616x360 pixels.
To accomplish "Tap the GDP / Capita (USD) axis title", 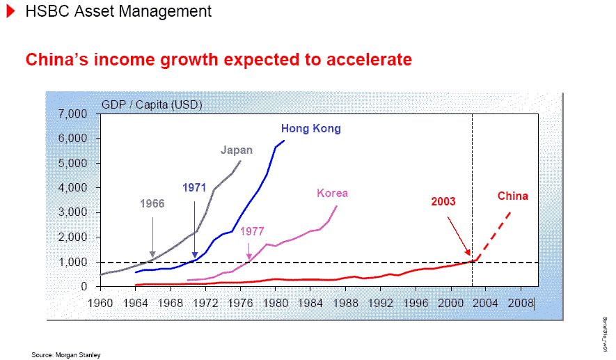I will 152,105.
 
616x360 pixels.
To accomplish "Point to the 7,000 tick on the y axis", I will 73,114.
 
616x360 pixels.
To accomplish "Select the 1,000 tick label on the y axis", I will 73,262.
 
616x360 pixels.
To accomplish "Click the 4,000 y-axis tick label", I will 73,188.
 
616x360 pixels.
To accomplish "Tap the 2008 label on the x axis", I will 521,304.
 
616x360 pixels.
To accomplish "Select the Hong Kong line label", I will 310,129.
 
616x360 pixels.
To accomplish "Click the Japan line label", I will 237,150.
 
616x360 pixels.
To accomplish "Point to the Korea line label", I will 332,194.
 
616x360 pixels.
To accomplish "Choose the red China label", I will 512,196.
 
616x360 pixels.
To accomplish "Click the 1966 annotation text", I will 152,204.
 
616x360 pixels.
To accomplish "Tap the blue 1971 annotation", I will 195,187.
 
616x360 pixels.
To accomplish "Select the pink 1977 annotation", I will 252,231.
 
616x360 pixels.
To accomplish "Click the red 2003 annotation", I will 443,202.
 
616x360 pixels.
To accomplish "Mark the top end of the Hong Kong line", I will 284,141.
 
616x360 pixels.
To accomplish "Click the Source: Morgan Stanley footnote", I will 66,355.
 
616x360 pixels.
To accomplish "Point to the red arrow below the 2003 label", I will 459,235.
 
